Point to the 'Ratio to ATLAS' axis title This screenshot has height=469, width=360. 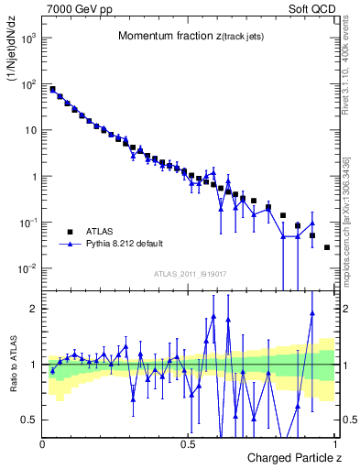point(14,376)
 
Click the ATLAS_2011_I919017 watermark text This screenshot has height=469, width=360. point(190,273)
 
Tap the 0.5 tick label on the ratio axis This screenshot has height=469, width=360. point(28,420)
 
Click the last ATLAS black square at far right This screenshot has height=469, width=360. point(327,247)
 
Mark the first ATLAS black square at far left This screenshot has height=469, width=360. point(52,90)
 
